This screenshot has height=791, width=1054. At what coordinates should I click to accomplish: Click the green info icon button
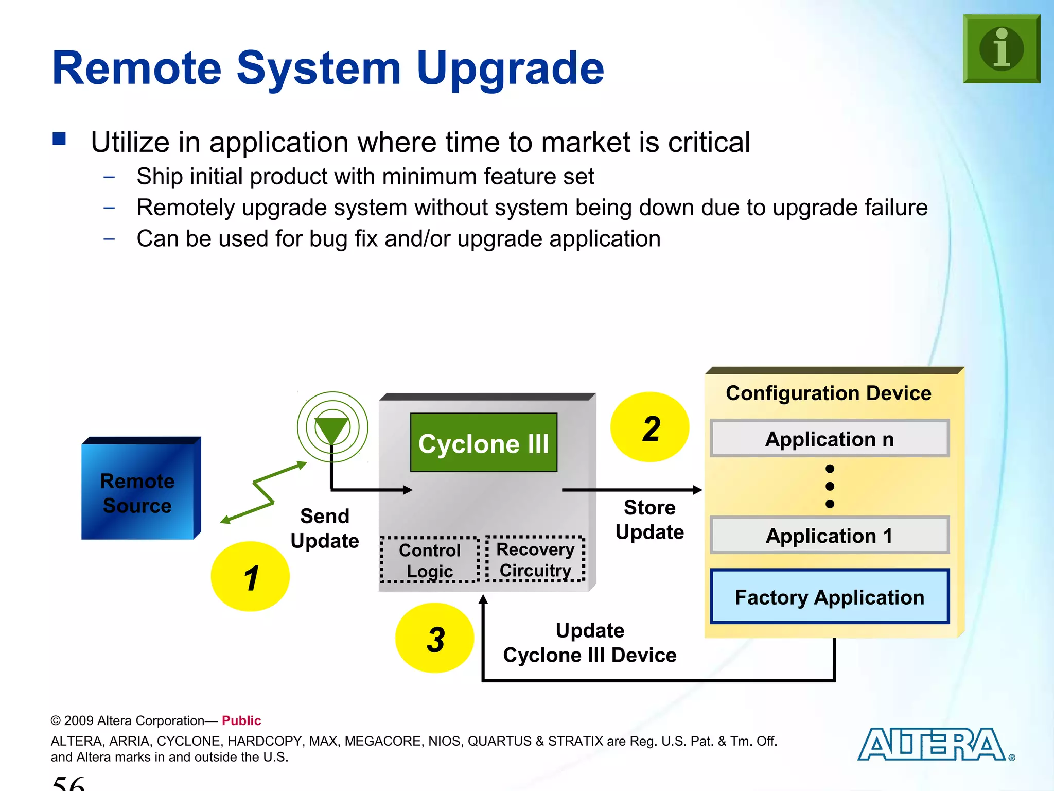click(x=1001, y=49)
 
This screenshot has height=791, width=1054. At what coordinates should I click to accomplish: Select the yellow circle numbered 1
click(x=250, y=577)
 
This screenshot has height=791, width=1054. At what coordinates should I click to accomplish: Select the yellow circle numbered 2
click(x=649, y=427)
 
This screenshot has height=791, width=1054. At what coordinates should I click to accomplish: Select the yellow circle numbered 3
click(x=434, y=639)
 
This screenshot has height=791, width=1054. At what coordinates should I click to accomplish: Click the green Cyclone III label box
click(x=483, y=443)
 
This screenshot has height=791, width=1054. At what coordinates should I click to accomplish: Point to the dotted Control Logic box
click(x=430, y=560)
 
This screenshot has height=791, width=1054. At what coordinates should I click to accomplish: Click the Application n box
click(x=829, y=439)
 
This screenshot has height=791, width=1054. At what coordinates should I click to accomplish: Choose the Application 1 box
click(x=829, y=536)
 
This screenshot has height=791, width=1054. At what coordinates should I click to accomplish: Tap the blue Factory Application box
click(x=829, y=597)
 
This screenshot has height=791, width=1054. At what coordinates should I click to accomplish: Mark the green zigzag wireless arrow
click(x=263, y=492)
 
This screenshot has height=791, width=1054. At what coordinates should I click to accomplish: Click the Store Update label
click(x=649, y=520)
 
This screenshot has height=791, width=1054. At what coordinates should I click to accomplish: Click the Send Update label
click(x=325, y=528)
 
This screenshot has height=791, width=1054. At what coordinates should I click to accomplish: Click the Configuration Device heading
click(x=828, y=393)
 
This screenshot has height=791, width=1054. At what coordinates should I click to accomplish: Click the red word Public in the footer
click(x=241, y=720)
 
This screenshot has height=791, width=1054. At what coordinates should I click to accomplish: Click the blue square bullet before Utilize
click(x=59, y=139)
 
